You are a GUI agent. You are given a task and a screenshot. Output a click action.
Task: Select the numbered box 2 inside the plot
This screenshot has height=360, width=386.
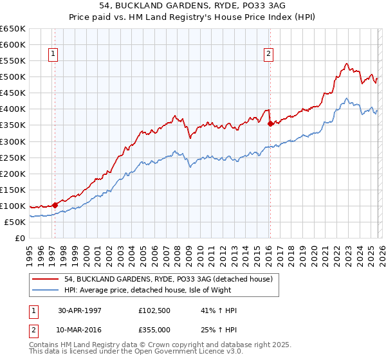(x=268, y=55)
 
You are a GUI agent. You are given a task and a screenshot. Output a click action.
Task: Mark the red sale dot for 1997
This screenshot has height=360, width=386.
(x=55, y=205)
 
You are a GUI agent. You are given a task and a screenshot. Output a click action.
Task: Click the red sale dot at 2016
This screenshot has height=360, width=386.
(x=270, y=123)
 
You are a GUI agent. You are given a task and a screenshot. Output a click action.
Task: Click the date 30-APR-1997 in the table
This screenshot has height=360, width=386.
(x=80, y=310)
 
